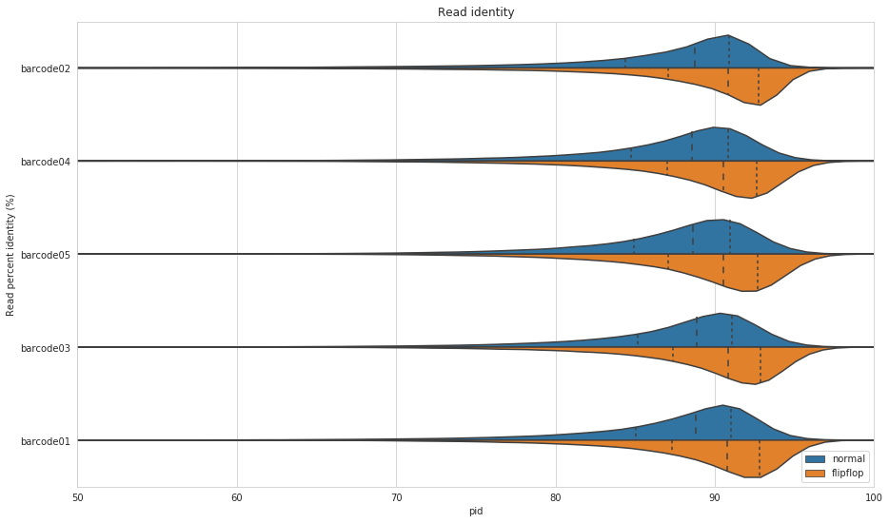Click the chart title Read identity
coord(476,12)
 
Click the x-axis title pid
coord(476,512)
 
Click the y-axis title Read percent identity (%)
coord(10,255)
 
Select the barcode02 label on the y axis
coord(45,68)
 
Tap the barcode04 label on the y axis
coord(45,162)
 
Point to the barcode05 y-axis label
coord(45,255)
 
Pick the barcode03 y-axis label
coord(45,348)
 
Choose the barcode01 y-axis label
coord(45,441)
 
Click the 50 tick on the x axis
coord(78,497)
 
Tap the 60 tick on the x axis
coord(237,497)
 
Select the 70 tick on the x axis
coord(396,497)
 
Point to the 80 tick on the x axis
coord(556,497)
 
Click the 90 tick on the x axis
coord(715,497)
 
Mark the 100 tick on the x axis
coord(874,497)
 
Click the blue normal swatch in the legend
coord(816,459)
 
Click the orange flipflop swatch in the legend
coord(816,474)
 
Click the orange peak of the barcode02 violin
coord(759,103)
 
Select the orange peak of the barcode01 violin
coord(759,475)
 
